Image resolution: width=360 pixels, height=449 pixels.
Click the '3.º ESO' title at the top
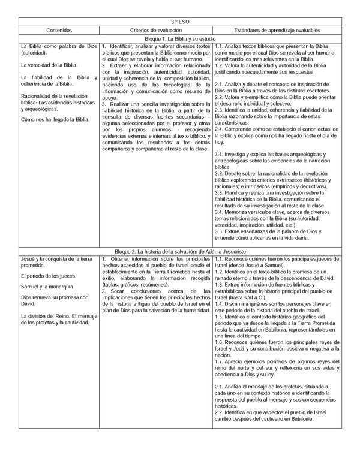tap(179, 21)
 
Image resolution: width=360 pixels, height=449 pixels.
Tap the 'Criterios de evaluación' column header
tap(156, 29)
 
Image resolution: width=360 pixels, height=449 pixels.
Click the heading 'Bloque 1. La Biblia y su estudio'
tap(179, 38)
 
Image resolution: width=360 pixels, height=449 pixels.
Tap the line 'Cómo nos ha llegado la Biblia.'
tap(55, 119)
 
